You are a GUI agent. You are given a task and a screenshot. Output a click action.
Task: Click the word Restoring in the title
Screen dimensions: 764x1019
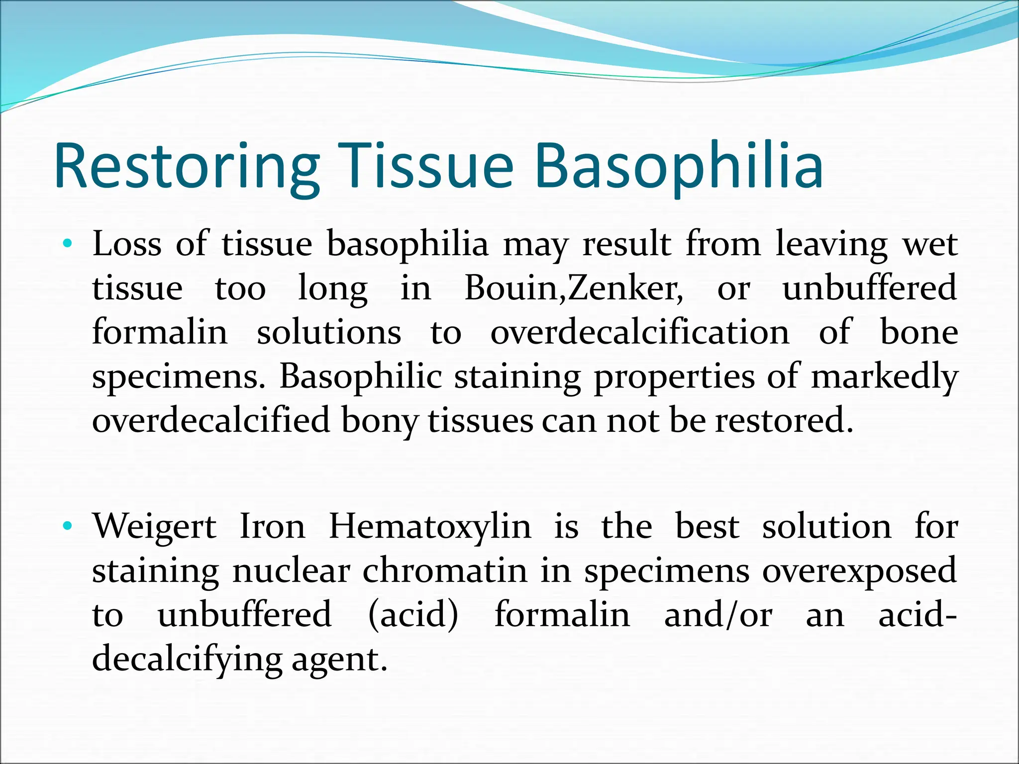187,167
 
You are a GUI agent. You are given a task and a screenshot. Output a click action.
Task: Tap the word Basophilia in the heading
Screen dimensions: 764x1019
679,167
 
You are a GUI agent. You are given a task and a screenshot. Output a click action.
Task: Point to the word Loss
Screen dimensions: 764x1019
127,244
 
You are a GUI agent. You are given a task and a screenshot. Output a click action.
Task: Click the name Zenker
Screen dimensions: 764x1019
624,288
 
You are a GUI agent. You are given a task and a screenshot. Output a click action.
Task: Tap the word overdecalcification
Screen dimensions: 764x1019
639,332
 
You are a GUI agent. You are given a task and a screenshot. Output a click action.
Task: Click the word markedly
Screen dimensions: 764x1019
884,377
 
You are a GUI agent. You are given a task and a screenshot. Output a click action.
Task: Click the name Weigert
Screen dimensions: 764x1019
155,526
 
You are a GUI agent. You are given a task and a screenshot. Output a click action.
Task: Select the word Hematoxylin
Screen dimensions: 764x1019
430,526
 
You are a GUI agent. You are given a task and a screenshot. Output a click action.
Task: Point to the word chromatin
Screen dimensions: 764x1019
444,571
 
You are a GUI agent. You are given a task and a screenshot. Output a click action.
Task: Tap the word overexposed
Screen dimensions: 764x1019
859,571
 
